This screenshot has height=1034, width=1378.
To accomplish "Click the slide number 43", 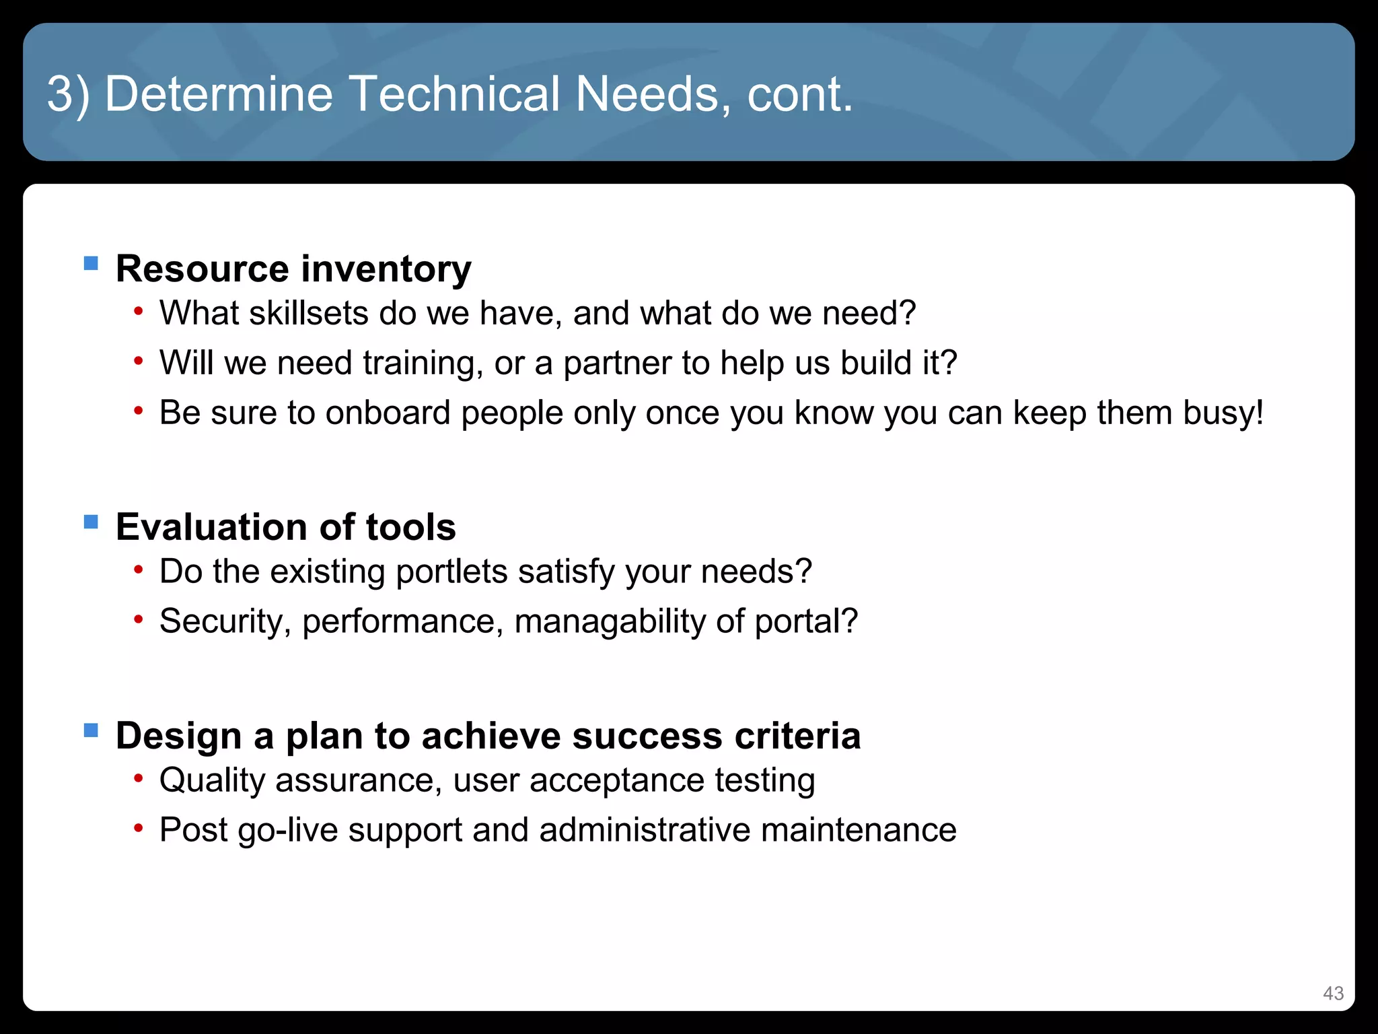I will (1333, 993).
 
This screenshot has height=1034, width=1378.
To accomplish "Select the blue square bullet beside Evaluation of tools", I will (91, 522).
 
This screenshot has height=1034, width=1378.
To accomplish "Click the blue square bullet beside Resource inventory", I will (91, 263).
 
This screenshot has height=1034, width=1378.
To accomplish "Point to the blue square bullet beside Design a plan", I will (91, 730).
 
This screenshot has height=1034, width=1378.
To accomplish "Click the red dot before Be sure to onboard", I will (138, 411).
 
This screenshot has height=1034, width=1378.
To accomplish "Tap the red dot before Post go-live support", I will (138, 828).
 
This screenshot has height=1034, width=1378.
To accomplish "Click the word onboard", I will (388, 413).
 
